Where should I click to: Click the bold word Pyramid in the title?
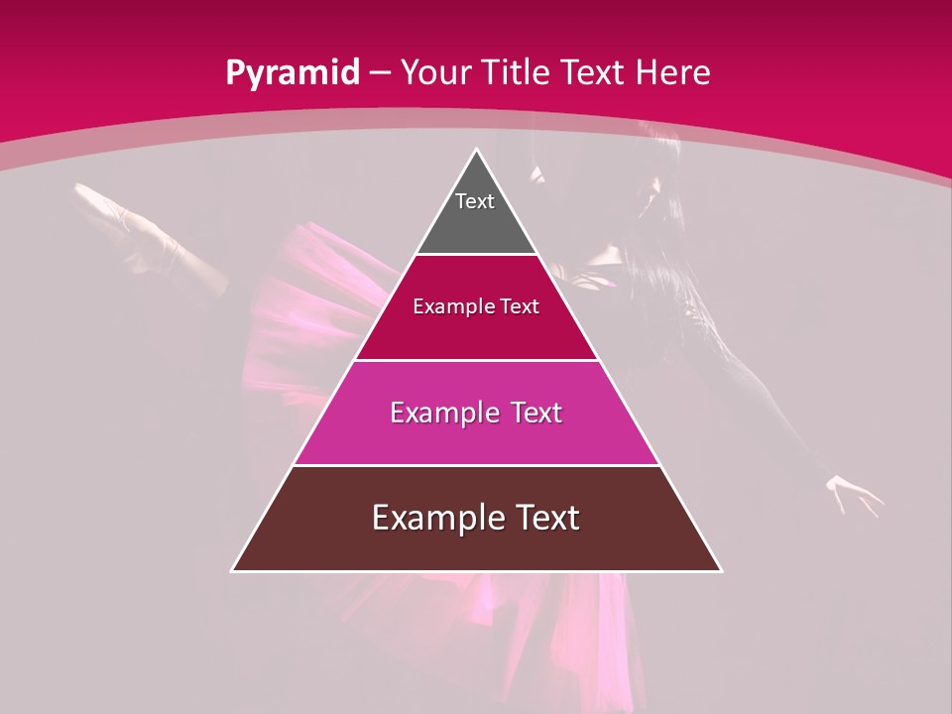pos(292,73)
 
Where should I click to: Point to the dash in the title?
pos(381,73)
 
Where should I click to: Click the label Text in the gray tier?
pos(475,201)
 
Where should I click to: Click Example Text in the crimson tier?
pos(476,306)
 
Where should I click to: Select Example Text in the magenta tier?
pos(476,413)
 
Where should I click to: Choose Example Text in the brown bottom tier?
pos(476,518)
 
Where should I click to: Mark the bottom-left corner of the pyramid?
pos(233,570)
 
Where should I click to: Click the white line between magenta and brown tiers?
pos(476,465)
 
